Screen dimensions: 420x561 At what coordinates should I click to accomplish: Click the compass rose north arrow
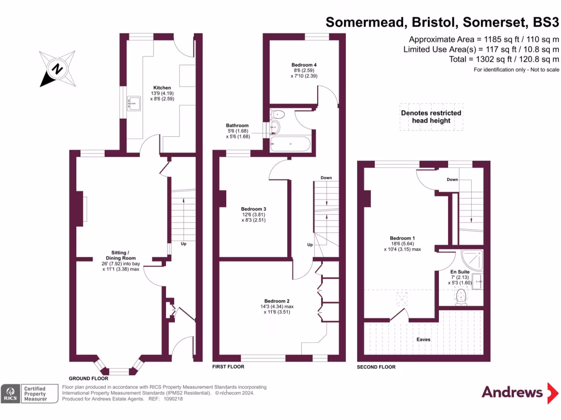tap(56, 69)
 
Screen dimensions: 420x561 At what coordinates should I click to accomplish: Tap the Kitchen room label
tap(162, 87)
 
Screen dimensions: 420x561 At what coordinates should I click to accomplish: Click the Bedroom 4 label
tap(304, 65)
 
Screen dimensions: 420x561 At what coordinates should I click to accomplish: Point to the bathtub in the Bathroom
tap(290, 145)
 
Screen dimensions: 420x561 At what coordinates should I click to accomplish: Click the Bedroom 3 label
tap(254, 209)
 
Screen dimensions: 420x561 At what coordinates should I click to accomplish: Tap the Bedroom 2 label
tap(277, 301)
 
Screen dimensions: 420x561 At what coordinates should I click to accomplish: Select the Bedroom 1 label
tap(402, 238)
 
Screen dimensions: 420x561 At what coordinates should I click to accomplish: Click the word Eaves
tap(423, 340)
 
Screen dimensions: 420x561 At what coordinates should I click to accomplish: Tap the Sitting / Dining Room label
tap(121, 258)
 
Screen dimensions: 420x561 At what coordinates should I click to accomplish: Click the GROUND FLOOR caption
tap(88, 378)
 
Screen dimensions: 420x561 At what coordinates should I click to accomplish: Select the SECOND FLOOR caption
tap(376, 367)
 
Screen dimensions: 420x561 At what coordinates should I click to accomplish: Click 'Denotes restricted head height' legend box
tap(431, 116)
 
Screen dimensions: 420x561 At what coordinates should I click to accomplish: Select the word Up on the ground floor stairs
tap(183, 244)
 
